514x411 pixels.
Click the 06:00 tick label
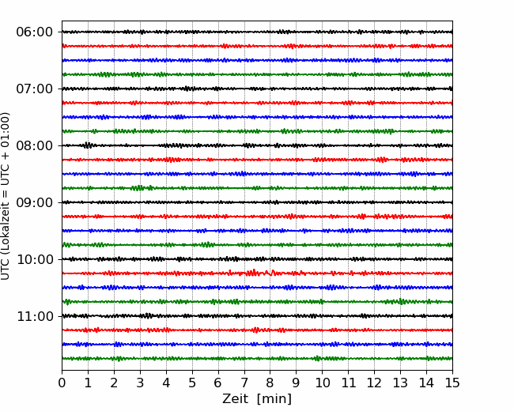35,32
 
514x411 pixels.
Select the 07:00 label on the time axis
35,89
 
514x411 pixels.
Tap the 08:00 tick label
35,145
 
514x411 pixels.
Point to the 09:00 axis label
35,202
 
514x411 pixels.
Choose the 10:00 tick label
35,259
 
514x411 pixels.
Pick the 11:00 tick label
35,316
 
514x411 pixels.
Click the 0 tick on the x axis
62,383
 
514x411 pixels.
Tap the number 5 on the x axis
192,383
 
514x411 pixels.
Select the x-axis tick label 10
322,383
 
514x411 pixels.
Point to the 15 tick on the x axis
452,383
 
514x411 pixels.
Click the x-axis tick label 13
400,383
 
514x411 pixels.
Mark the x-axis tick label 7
244,383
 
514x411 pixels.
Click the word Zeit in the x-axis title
236,398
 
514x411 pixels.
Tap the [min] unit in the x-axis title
274,399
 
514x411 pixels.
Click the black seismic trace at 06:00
257,32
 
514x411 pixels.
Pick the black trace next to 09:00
257,202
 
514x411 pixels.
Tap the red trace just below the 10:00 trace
257,273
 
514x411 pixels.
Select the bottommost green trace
257,359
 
